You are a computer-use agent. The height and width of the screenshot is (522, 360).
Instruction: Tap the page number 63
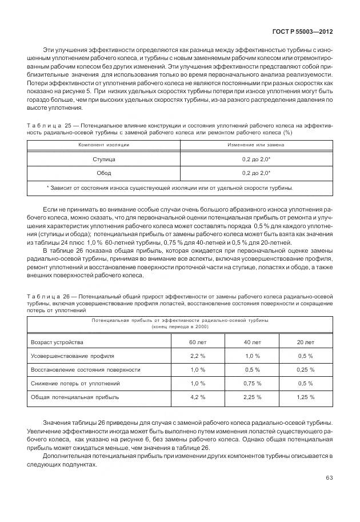click(329, 478)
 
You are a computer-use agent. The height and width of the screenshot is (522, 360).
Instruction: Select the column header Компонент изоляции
click(103, 146)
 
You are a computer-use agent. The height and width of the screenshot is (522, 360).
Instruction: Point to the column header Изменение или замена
click(256, 146)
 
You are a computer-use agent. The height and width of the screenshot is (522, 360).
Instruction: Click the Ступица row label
click(103, 160)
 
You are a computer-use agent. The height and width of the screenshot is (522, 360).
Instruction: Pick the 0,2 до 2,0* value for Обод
click(256, 173)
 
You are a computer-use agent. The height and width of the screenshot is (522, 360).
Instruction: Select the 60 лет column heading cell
click(198, 342)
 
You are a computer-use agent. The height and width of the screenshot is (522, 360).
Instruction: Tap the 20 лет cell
click(306, 342)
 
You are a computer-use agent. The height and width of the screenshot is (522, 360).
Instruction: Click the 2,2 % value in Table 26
click(198, 356)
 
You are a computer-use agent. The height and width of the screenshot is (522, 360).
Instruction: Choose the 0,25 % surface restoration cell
click(306, 369)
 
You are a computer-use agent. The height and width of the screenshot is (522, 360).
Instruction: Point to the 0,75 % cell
click(252, 383)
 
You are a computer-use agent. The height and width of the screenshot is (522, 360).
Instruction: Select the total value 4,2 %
click(198, 397)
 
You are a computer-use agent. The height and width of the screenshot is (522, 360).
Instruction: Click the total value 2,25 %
click(252, 397)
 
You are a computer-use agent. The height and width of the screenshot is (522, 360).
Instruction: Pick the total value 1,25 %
click(306, 397)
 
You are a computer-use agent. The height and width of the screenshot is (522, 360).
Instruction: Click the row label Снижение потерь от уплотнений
click(75, 383)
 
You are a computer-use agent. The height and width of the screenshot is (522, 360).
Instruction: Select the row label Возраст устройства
click(57, 342)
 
